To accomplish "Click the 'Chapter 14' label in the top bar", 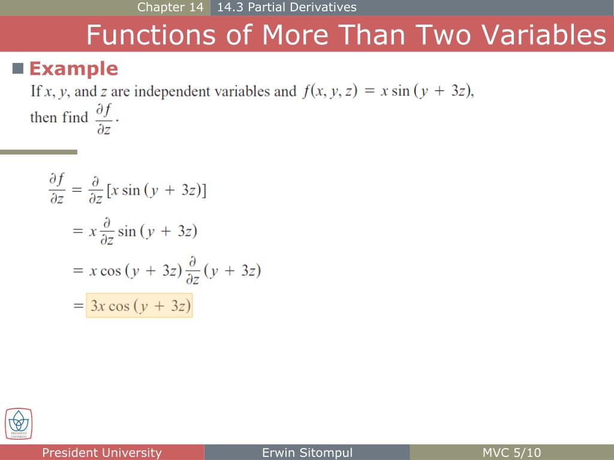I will [x=170, y=7].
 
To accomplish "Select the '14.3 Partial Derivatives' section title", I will [x=287, y=7].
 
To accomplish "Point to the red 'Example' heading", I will [x=73, y=69].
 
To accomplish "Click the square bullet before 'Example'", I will [x=18, y=68].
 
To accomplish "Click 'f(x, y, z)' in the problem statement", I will [x=330, y=92].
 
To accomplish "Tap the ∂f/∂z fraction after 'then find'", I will [x=104, y=119].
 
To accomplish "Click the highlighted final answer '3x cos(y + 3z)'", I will [x=139, y=306].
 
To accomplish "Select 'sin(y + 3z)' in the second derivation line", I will [x=157, y=231].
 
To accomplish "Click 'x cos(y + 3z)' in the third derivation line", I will [x=135, y=271].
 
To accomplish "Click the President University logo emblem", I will [x=19, y=423].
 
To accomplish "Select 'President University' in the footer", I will [x=102, y=453].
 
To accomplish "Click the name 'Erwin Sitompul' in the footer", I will [x=307, y=453].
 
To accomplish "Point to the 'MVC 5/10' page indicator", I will [x=511, y=453].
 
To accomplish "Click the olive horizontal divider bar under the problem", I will [x=38, y=152].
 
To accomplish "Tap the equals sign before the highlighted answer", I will [x=78, y=306].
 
